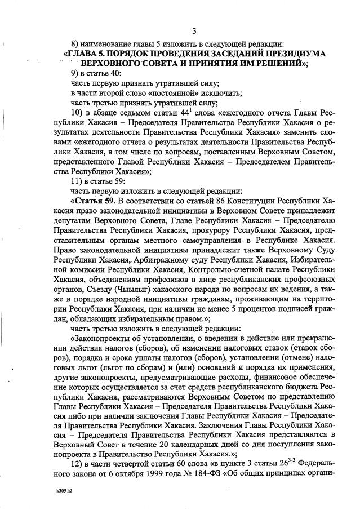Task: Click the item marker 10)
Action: pyautogui.click(x=77, y=113)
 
